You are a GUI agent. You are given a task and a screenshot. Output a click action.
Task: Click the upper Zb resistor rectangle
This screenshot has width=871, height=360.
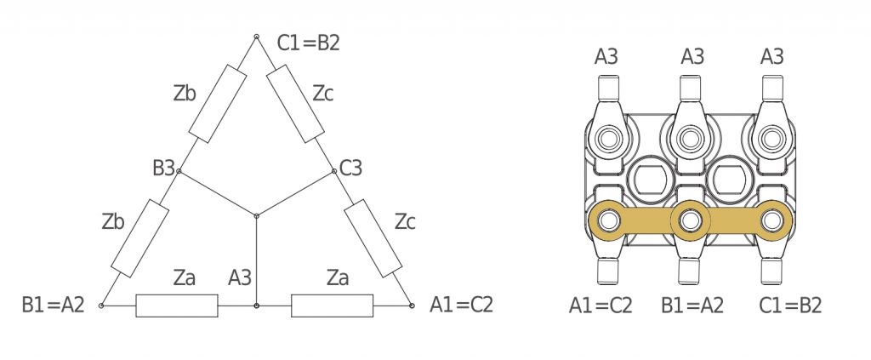click(217, 103)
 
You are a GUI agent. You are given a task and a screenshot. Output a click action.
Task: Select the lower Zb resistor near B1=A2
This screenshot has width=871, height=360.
click(140, 237)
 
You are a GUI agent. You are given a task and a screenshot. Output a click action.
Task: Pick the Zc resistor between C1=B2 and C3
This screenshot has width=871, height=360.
click(295, 103)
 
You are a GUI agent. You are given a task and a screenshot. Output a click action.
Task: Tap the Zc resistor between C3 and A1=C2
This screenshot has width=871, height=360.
click(373, 237)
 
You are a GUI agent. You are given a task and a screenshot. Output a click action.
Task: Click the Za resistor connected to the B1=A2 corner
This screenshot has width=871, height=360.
click(177, 306)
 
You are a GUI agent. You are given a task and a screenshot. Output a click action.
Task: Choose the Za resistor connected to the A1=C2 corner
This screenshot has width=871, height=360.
click(333, 306)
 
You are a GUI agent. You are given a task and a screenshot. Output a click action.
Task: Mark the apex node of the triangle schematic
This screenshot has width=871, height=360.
click(256, 37)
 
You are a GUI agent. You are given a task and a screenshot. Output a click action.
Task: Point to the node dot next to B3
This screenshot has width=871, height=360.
click(179, 171)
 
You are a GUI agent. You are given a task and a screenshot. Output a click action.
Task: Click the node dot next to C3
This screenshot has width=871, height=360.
click(333, 171)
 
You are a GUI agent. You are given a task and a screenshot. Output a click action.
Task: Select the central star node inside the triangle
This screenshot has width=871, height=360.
click(256, 215)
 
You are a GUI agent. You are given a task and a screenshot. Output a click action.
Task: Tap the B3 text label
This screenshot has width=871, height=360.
click(163, 168)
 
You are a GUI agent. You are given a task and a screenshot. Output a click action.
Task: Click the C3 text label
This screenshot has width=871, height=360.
click(350, 168)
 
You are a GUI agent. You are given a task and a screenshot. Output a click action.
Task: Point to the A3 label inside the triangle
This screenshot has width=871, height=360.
click(240, 277)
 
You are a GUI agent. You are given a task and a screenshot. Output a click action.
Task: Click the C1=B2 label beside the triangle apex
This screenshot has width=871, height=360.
click(308, 43)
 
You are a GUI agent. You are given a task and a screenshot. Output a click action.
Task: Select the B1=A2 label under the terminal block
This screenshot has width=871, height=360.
click(692, 306)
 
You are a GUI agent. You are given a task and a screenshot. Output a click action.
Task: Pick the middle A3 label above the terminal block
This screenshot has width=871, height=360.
click(692, 57)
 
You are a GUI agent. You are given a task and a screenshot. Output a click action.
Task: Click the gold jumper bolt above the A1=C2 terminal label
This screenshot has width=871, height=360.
click(609, 220)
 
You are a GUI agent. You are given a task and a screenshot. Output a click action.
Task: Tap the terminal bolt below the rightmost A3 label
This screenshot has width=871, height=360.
click(772, 139)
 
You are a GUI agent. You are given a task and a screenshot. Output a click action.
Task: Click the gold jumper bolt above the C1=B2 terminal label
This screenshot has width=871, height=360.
click(772, 220)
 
